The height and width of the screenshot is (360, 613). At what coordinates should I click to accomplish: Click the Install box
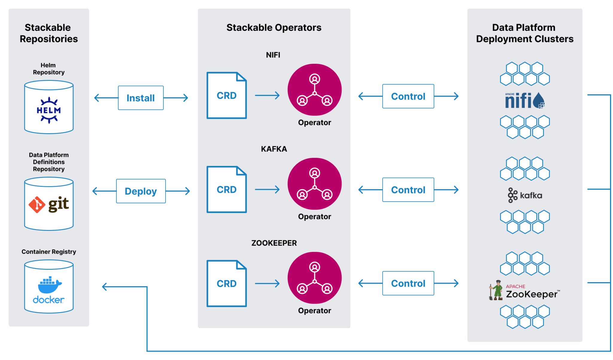tap(141, 98)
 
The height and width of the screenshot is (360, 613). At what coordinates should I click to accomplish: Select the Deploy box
tap(141, 191)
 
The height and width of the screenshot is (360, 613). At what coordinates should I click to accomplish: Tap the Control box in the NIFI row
tap(408, 96)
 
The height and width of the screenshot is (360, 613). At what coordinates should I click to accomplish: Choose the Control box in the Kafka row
tap(408, 190)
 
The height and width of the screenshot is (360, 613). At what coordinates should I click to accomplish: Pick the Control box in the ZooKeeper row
tap(408, 283)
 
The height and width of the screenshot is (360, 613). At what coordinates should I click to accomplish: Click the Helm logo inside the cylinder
tap(49, 110)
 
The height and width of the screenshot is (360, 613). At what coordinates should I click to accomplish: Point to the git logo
tap(48, 205)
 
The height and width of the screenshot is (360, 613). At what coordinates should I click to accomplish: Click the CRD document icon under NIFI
tap(227, 95)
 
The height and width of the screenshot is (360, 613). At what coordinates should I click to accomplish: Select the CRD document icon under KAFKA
tap(227, 189)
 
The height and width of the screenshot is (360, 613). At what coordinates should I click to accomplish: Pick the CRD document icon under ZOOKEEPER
tap(227, 283)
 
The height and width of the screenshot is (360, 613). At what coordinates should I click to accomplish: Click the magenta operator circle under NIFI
tap(315, 90)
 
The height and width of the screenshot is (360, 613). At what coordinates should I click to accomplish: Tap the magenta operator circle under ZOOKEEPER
tap(315, 278)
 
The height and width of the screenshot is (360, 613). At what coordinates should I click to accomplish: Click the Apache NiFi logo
tap(525, 100)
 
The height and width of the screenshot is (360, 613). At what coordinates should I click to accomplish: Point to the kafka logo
tap(525, 195)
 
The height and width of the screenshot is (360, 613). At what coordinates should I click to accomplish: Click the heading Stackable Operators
tap(274, 28)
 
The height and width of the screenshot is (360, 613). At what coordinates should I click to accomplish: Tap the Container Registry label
tap(49, 252)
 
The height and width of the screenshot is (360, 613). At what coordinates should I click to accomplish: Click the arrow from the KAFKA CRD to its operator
tap(267, 189)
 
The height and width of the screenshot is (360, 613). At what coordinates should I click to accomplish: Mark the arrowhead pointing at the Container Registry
tap(104, 287)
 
